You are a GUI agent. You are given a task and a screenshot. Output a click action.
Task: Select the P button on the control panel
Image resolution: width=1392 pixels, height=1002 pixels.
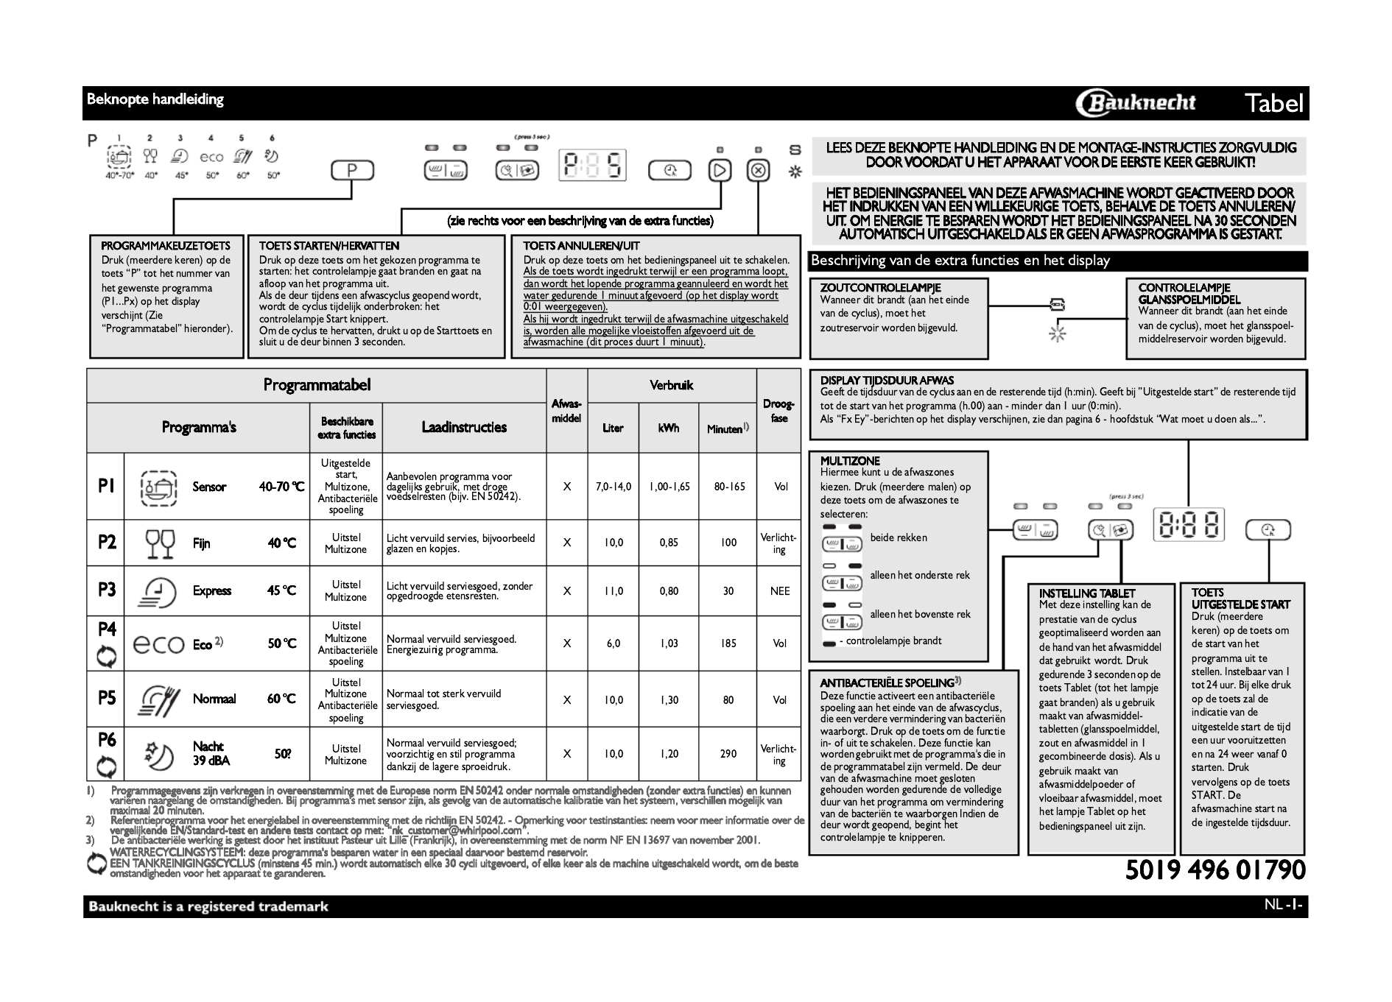tap(351, 172)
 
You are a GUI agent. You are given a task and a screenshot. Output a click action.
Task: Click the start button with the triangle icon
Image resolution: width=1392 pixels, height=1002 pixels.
tap(720, 171)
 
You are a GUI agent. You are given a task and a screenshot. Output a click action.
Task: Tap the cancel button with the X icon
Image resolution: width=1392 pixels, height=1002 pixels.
tap(758, 171)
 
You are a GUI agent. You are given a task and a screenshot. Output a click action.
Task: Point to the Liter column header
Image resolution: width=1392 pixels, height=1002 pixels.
tap(613, 428)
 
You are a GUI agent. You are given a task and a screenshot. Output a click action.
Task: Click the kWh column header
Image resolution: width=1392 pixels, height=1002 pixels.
tap(669, 428)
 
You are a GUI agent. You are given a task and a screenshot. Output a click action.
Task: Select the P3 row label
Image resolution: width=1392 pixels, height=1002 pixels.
tap(107, 590)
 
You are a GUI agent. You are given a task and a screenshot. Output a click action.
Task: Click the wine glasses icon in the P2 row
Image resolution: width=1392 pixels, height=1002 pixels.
tap(160, 543)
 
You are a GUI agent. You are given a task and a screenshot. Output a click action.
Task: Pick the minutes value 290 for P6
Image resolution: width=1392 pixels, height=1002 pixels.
tap(728, 754)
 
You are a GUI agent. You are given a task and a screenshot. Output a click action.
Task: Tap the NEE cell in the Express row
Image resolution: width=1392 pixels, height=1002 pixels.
tap(779, 591)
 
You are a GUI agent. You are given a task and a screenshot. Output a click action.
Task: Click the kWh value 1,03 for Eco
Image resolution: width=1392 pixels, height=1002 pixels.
tap(669, 643)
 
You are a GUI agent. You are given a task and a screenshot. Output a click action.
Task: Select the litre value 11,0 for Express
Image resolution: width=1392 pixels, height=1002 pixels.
tap(614, 591)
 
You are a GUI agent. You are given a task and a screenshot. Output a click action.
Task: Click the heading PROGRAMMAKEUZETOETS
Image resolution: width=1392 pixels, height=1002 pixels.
tap(166, 246)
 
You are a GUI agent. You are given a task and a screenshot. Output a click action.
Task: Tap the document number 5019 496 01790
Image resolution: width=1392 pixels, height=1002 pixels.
tap(1215, 869)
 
